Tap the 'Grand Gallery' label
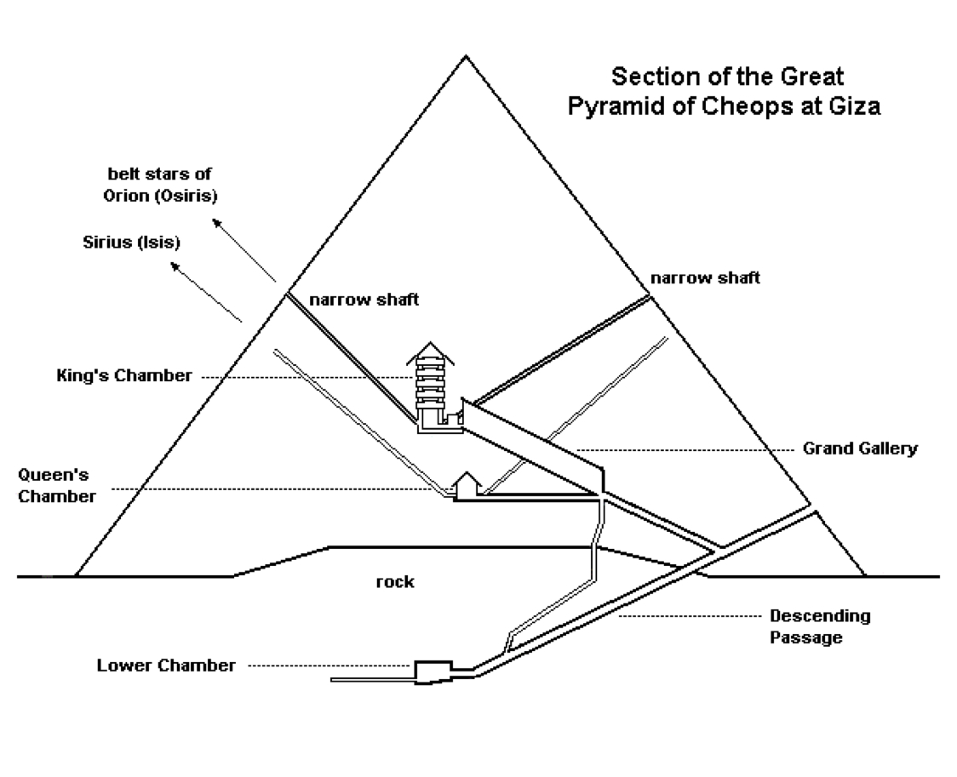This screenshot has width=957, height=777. tap(861, 448)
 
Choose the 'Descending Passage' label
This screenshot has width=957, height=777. tap(819, 626)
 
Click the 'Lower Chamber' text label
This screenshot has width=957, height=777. tap(166, 666)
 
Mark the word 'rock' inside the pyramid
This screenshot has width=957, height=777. tap(394, 582)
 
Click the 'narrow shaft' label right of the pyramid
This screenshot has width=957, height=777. tap(705, 277)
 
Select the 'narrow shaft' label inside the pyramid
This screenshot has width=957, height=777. tap(364, 299)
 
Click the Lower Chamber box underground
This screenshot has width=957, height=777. tap(433, 671)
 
